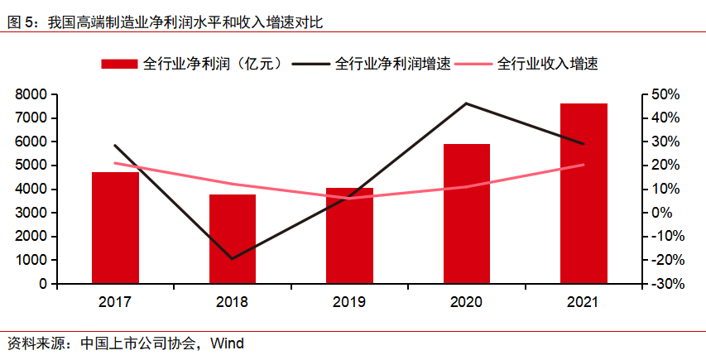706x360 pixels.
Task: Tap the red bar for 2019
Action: click(x=349, y=236)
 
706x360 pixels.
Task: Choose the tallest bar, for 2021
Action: click(x=584, y=194)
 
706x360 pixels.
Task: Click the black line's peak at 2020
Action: click(x=467, y=103)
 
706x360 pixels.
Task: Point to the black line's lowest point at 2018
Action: click(x=232, y=259)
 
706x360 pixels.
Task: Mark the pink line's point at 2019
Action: click(x=349, y=199)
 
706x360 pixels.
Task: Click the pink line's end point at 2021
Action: click(x=584, y=165)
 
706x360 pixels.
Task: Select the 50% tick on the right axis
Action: click(x=665, y=94)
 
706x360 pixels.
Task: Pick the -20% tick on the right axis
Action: click(x=663, y=260)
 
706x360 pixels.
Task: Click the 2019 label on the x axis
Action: click(x=349, y=302)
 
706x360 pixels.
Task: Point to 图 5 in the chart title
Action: click(x=22, y=22)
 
